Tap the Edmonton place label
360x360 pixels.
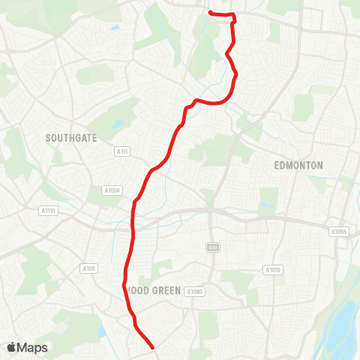click(298, 165)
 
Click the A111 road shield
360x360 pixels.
click(123, 151)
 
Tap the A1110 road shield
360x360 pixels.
click(49, 211)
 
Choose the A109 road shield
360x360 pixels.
click(89, 268)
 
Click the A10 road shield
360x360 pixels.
click(212, 246)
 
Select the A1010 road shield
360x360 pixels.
click(272, 269)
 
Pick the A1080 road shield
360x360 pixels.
click(194, 291)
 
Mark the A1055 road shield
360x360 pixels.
click(339, 232)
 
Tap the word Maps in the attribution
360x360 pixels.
click(33, 347)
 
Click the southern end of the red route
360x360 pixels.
click(152, 347)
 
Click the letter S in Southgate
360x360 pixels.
click(48, 138)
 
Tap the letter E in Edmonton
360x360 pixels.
click(277, 165)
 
